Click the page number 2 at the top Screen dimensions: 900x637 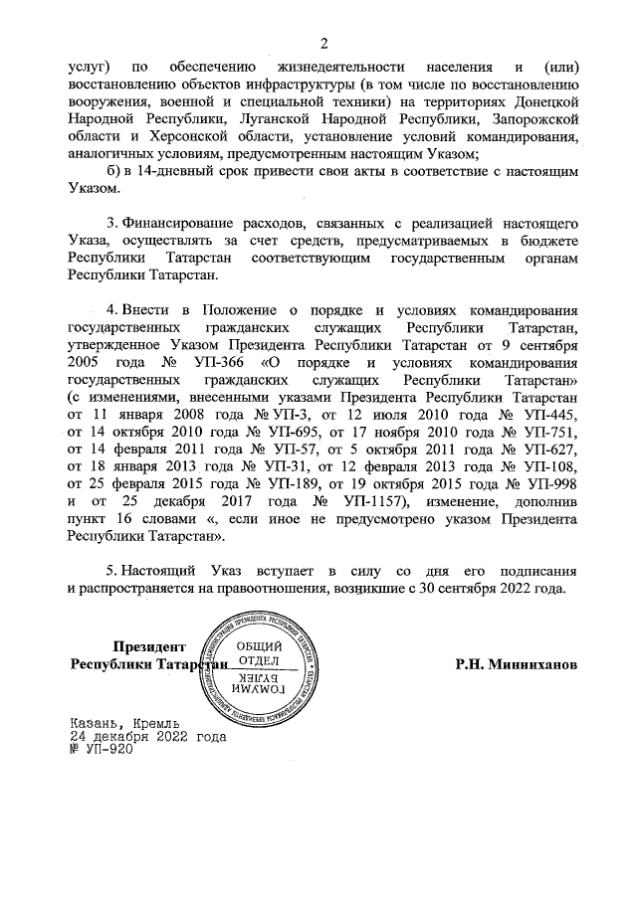tap(323, 42)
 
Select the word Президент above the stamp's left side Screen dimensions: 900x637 tap(150, 645)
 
